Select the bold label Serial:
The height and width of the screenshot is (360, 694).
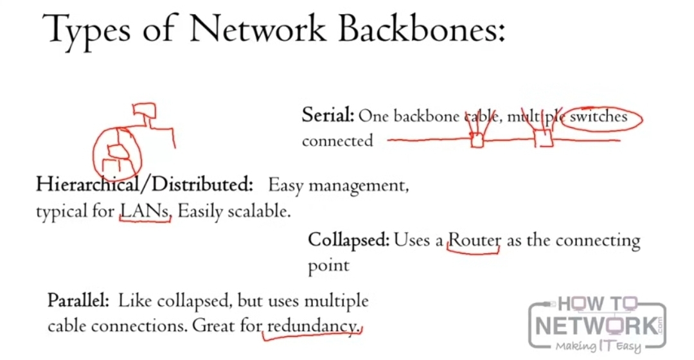328,116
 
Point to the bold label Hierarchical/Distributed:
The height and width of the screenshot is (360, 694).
145,184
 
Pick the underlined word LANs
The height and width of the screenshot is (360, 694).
145,211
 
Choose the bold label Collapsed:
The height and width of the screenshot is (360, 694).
349,240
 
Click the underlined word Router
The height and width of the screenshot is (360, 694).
474,240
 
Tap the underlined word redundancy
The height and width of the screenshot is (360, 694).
312,326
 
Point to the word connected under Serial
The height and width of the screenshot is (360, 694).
337,141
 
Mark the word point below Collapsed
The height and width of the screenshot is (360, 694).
329,265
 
